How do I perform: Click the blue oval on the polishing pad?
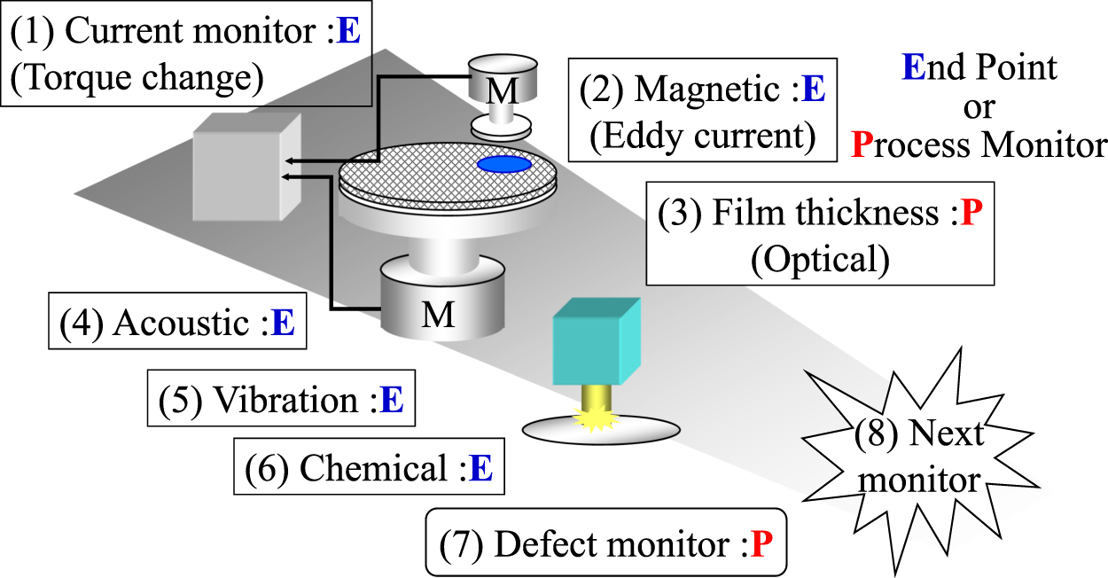504,164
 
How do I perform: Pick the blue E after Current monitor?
350,32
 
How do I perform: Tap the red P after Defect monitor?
762,543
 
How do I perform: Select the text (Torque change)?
137,78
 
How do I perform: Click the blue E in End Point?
913,68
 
